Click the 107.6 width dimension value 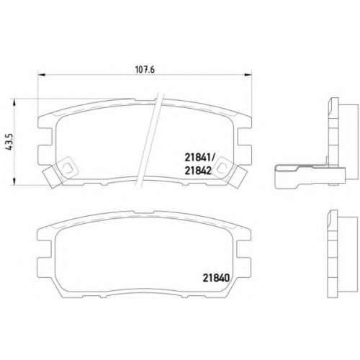click(x=145, y=70)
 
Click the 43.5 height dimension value click(x=9, y=142)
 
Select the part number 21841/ click(x=200, y=158)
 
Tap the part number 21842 click(x=198, y=171)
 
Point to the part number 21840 click(x=217, y=278)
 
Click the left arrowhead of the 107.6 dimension click(x=42, y=75)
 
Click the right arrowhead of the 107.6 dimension click(x=248, y=75)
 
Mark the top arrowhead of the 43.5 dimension click(x=14, y=102)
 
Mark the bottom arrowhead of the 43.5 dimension click(x=14, y=181)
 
